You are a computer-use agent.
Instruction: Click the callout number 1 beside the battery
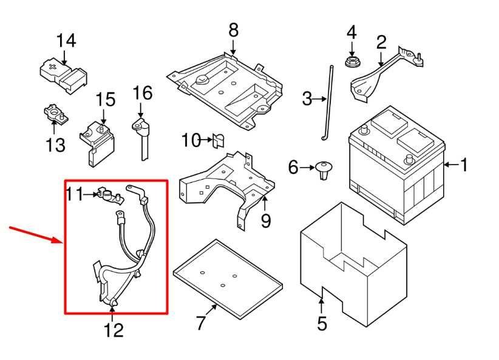pyautogui.click(x=464, y=165)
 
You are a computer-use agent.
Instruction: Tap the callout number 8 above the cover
pyautogui.click(x=234, y=30)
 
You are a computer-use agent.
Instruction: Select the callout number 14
pyautogui.click(x=66, y=41)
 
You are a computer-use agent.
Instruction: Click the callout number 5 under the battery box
pyautogui.click(x=322, y=324)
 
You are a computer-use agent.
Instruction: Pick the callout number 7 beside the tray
pyautogui.click(x=202, y=324)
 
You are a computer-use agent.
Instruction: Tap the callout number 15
pyautogui.click(x=104, y=99)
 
